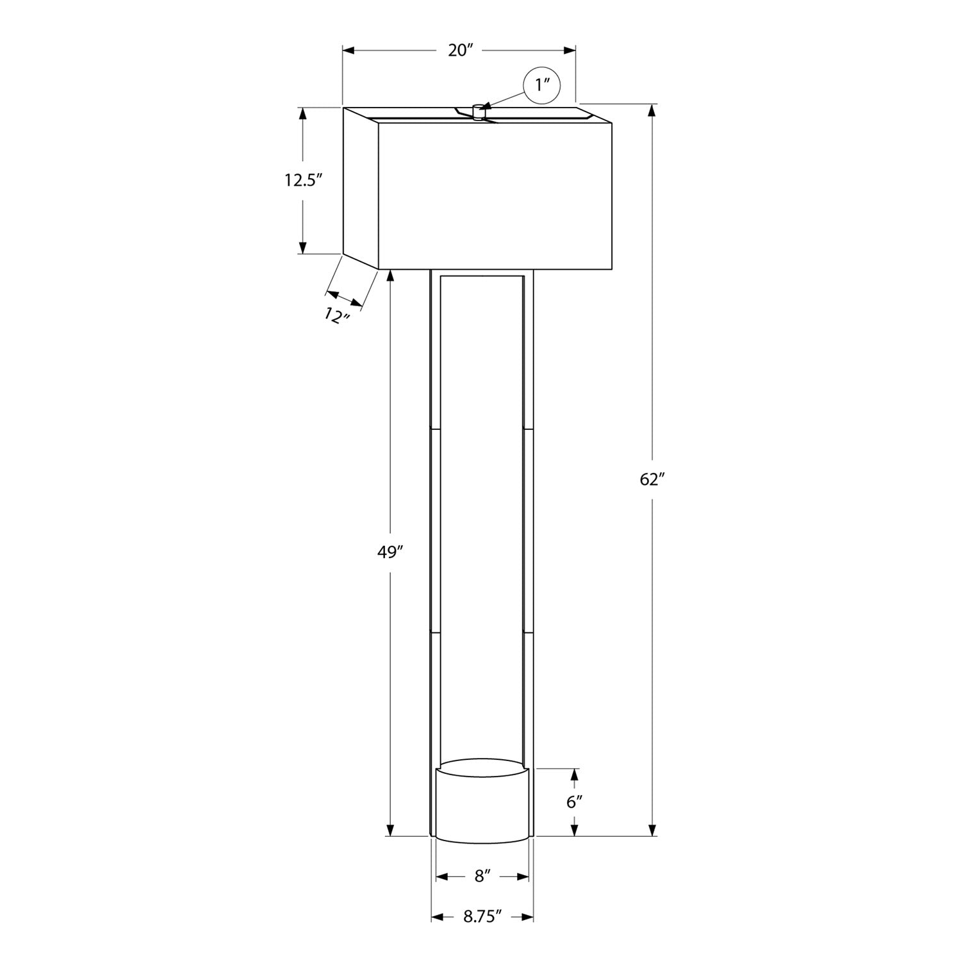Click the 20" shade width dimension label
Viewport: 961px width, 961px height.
pyautogui.click(x=459, y=51)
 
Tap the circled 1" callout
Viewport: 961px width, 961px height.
pyautogui.click(x=542, y=85)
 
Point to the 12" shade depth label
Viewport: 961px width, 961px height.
pyautogui.click(x=336, y=315)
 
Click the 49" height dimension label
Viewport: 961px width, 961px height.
pyautogui.click(x=389, y=552)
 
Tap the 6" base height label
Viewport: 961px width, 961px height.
pyautogui.click(x=575, y=801)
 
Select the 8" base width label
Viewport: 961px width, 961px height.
pyautogui.click(x=482, y=876)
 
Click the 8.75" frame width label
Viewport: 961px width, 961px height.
pyautogui.click(x=482, y=917)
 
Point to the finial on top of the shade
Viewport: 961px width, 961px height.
pyautogui.click(x=478, y=111)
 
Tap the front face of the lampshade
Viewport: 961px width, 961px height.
pyautogui.click(x=495, y=195)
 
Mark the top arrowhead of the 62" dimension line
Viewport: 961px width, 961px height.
pyautogui.click(x=652, y=110)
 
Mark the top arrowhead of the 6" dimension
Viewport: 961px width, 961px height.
pyautogui.click(x=575, y=774)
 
